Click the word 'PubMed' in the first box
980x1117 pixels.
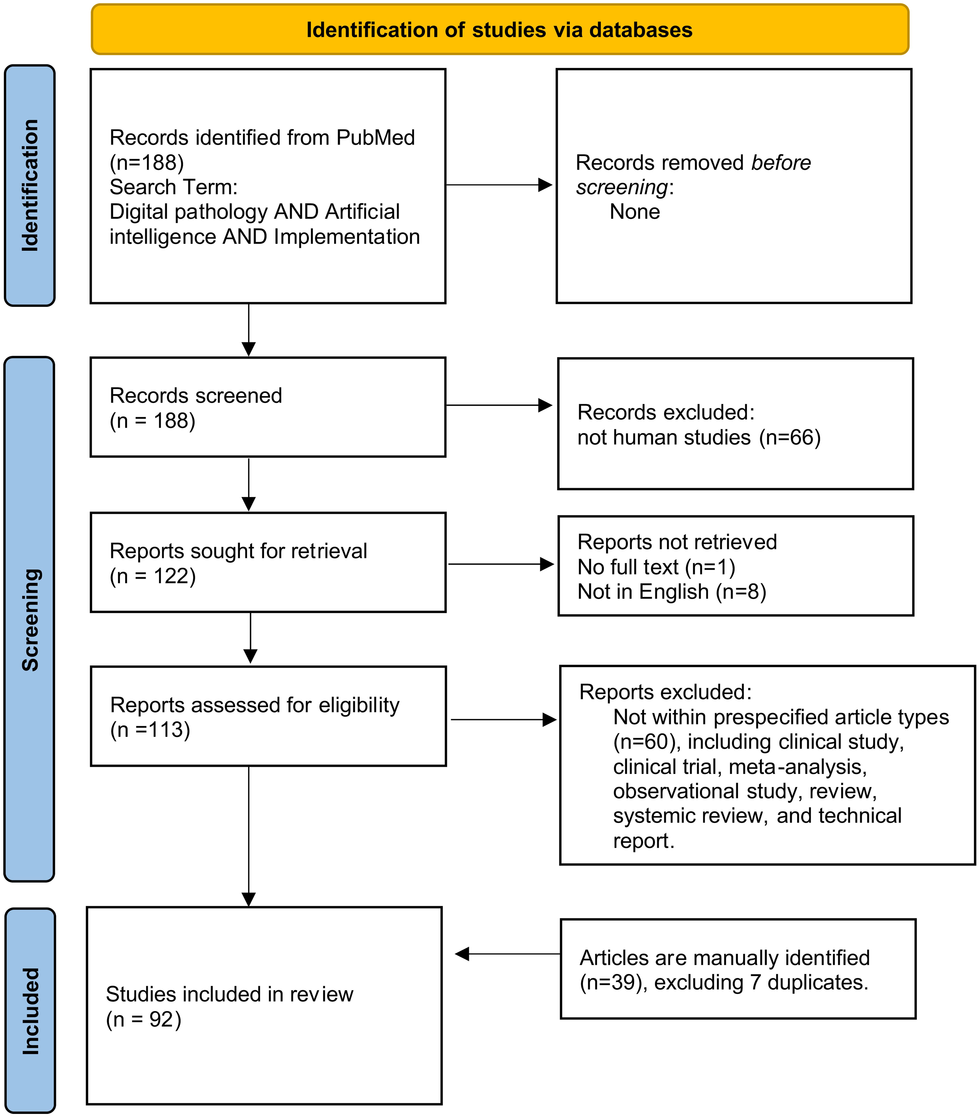coord(375,138)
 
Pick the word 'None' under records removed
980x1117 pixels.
coord(635,212)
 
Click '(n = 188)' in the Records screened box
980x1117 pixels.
coord(152,421)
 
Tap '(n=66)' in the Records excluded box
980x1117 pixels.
coord(790,438)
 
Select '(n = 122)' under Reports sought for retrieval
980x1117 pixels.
coord(152,577)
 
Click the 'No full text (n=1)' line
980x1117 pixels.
coord(656,567)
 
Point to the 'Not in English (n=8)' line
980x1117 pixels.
coord(672,592)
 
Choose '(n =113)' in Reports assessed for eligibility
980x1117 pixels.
coord(150,730)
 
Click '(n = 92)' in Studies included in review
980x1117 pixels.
coord(143,1020)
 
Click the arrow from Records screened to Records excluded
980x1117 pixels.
coord(499,405)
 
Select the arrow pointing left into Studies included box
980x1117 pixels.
coord(507,954)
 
